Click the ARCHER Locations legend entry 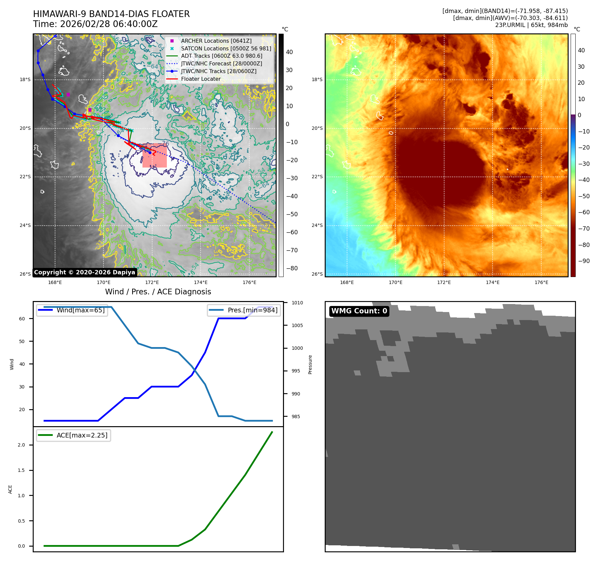(x=216, y=41)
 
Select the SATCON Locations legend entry (x=226, y=48)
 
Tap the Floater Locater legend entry (x=201, y=79)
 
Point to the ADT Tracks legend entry (x=221, y=56)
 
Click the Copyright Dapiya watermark (x=84, y=272)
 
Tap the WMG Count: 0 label (x=359, y=311)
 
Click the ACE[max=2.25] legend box (x=73, y=435)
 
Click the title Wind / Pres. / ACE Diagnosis (x=158, y=292)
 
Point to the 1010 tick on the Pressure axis (x=297, y=303)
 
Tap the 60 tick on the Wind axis (x=22, y=319)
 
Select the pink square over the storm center (x=155, y=156)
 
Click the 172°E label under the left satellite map (x=152, y=282)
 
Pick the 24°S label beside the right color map (x=317, y=225)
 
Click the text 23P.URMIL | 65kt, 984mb (x=531, y=25)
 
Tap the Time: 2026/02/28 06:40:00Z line (x=95, y=24)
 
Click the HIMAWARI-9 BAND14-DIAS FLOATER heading (x=111, y=14)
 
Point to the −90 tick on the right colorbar (x=584, y=261)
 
